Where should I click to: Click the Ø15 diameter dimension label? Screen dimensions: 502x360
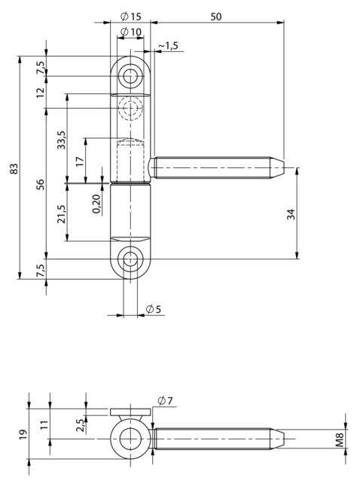[x=131, y=16]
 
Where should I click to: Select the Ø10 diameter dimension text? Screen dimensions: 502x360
[x=132, y=32]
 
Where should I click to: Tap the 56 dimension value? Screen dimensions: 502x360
[x=40, y=183]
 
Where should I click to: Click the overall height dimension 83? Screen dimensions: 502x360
[x=13, y=169]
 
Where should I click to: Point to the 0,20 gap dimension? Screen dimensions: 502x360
[x=96, y=204]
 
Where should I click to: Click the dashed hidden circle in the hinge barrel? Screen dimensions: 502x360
[x=132, y=109]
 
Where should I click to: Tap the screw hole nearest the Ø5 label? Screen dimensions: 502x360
[x=132, y=260]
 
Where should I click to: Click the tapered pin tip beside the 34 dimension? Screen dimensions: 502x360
[x=278, y=165]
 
